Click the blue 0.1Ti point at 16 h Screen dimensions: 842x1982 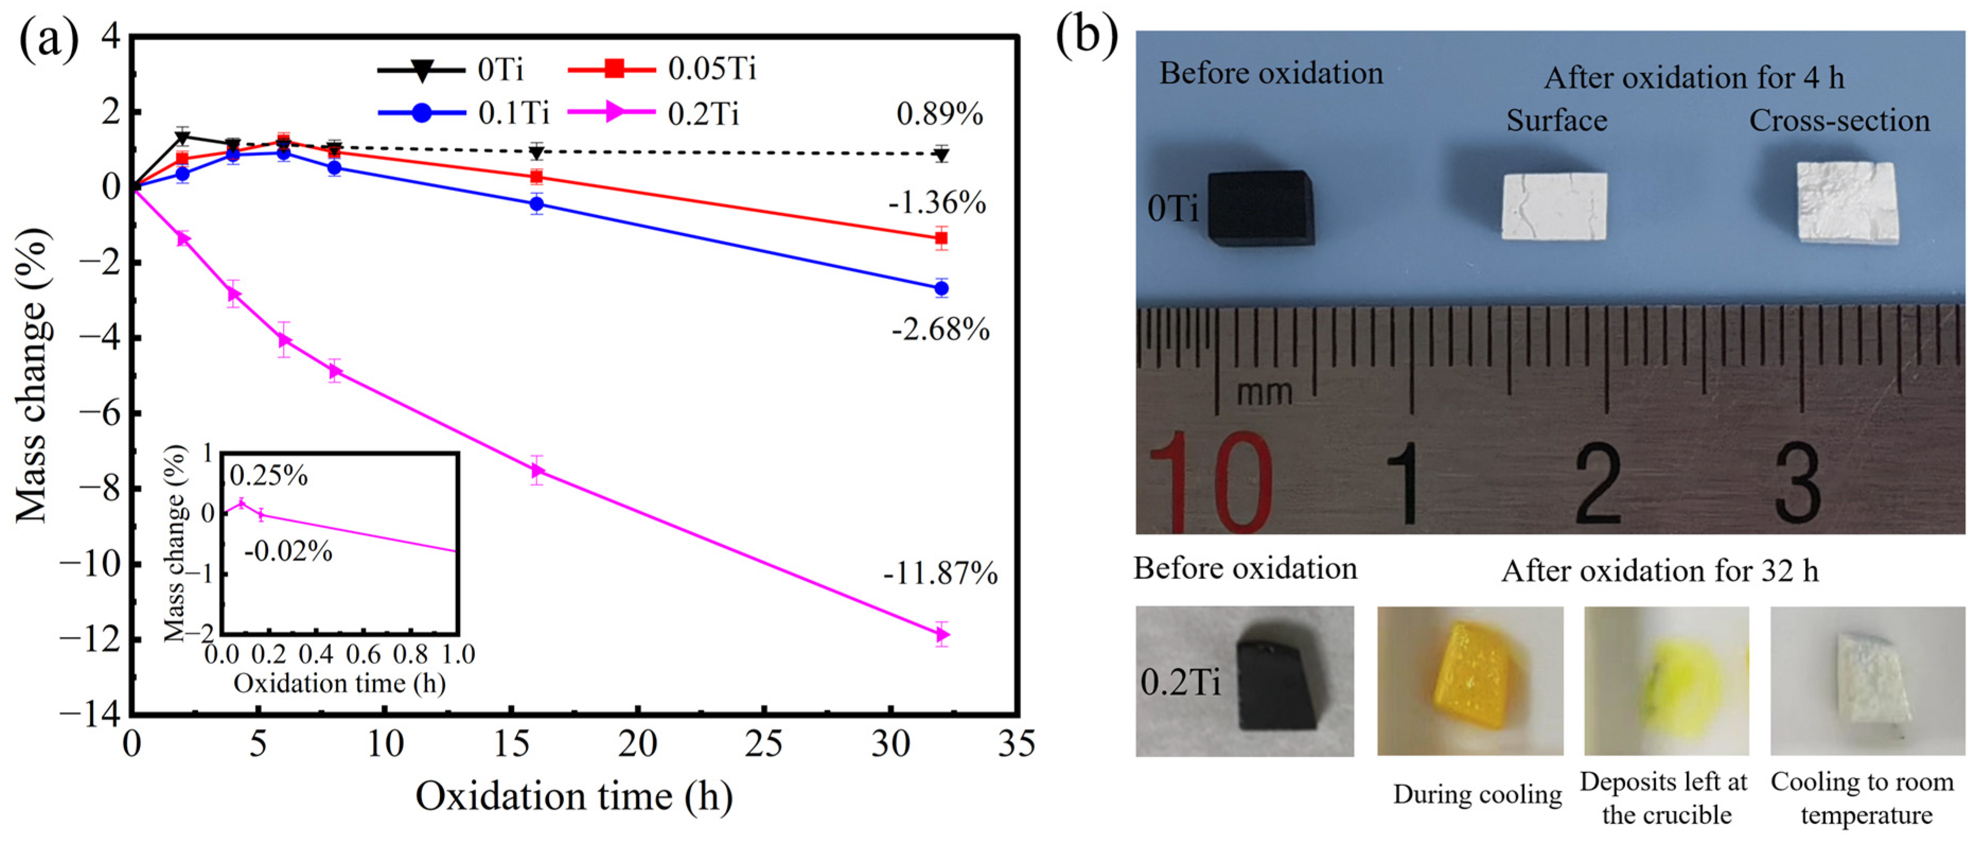pos(537,204)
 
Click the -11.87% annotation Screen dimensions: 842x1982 pos(940,573)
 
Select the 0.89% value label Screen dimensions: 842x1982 pos(940,114)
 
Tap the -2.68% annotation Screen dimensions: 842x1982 pos(940,329)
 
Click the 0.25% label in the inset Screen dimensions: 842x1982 pos(269,476)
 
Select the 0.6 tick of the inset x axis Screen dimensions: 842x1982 pos(363,654)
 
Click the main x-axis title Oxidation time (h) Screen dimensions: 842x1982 pos(574,796)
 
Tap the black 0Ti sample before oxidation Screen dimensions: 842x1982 pos(1260,208)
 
